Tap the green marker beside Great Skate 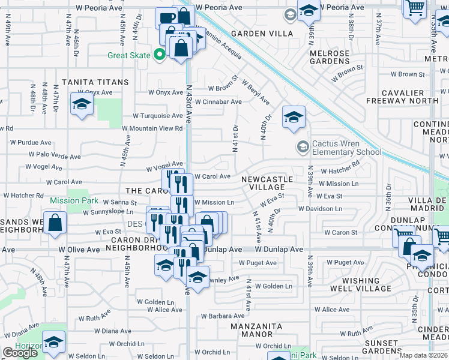click(159, 55)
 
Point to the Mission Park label click(74, 200)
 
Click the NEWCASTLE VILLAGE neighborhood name click(267, 183)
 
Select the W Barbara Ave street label click(223, 316)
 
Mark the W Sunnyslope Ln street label click(108, 212)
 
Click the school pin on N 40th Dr click(294, 118)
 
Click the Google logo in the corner click(20, 353)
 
